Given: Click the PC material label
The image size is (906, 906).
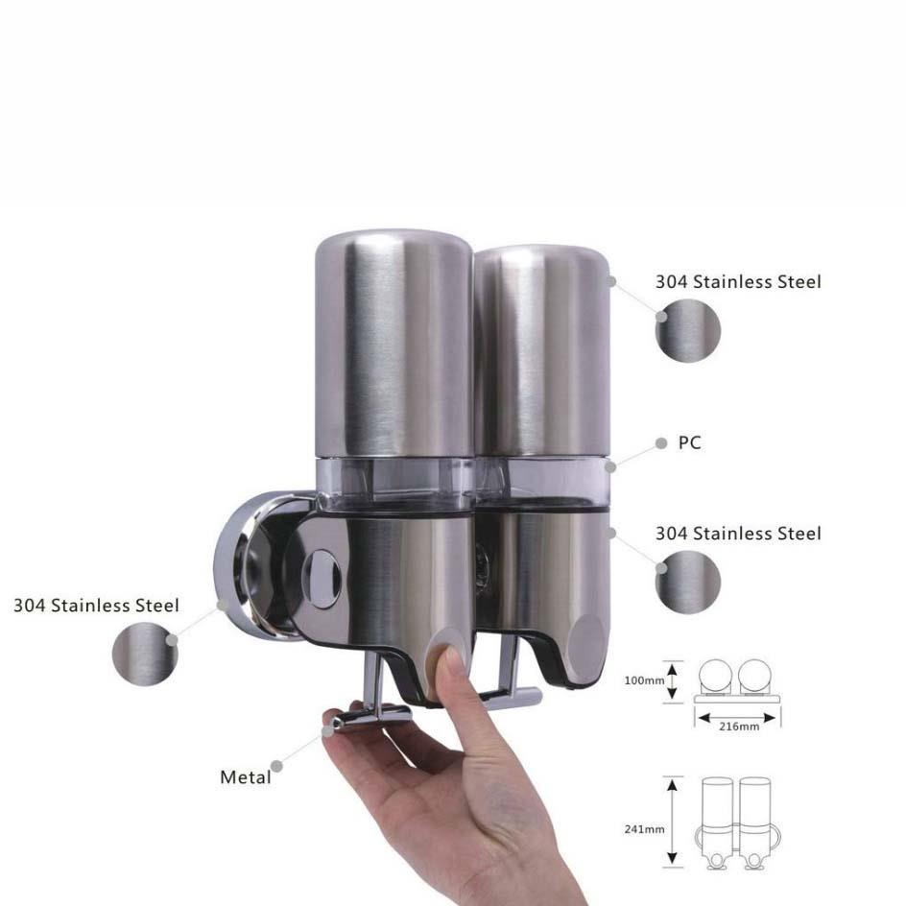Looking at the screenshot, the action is tap(689, 442).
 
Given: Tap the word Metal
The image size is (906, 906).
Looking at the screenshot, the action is tap(246, 777).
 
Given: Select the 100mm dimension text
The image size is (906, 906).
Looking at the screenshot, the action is tap(644, 680).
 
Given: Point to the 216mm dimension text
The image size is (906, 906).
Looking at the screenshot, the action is tap(739, 727).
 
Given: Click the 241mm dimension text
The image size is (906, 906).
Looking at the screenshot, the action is tap(644, 829).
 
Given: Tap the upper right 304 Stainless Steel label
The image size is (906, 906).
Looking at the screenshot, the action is tap(738, 282).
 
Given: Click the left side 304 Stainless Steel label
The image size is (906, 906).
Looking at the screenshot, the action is tap(97, 606).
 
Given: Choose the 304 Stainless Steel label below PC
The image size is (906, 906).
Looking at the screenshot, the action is tap(738, 534).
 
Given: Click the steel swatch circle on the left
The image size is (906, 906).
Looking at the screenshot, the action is tap(145, 654).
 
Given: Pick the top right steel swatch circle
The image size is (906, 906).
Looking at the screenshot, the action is tap(688, 330).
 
